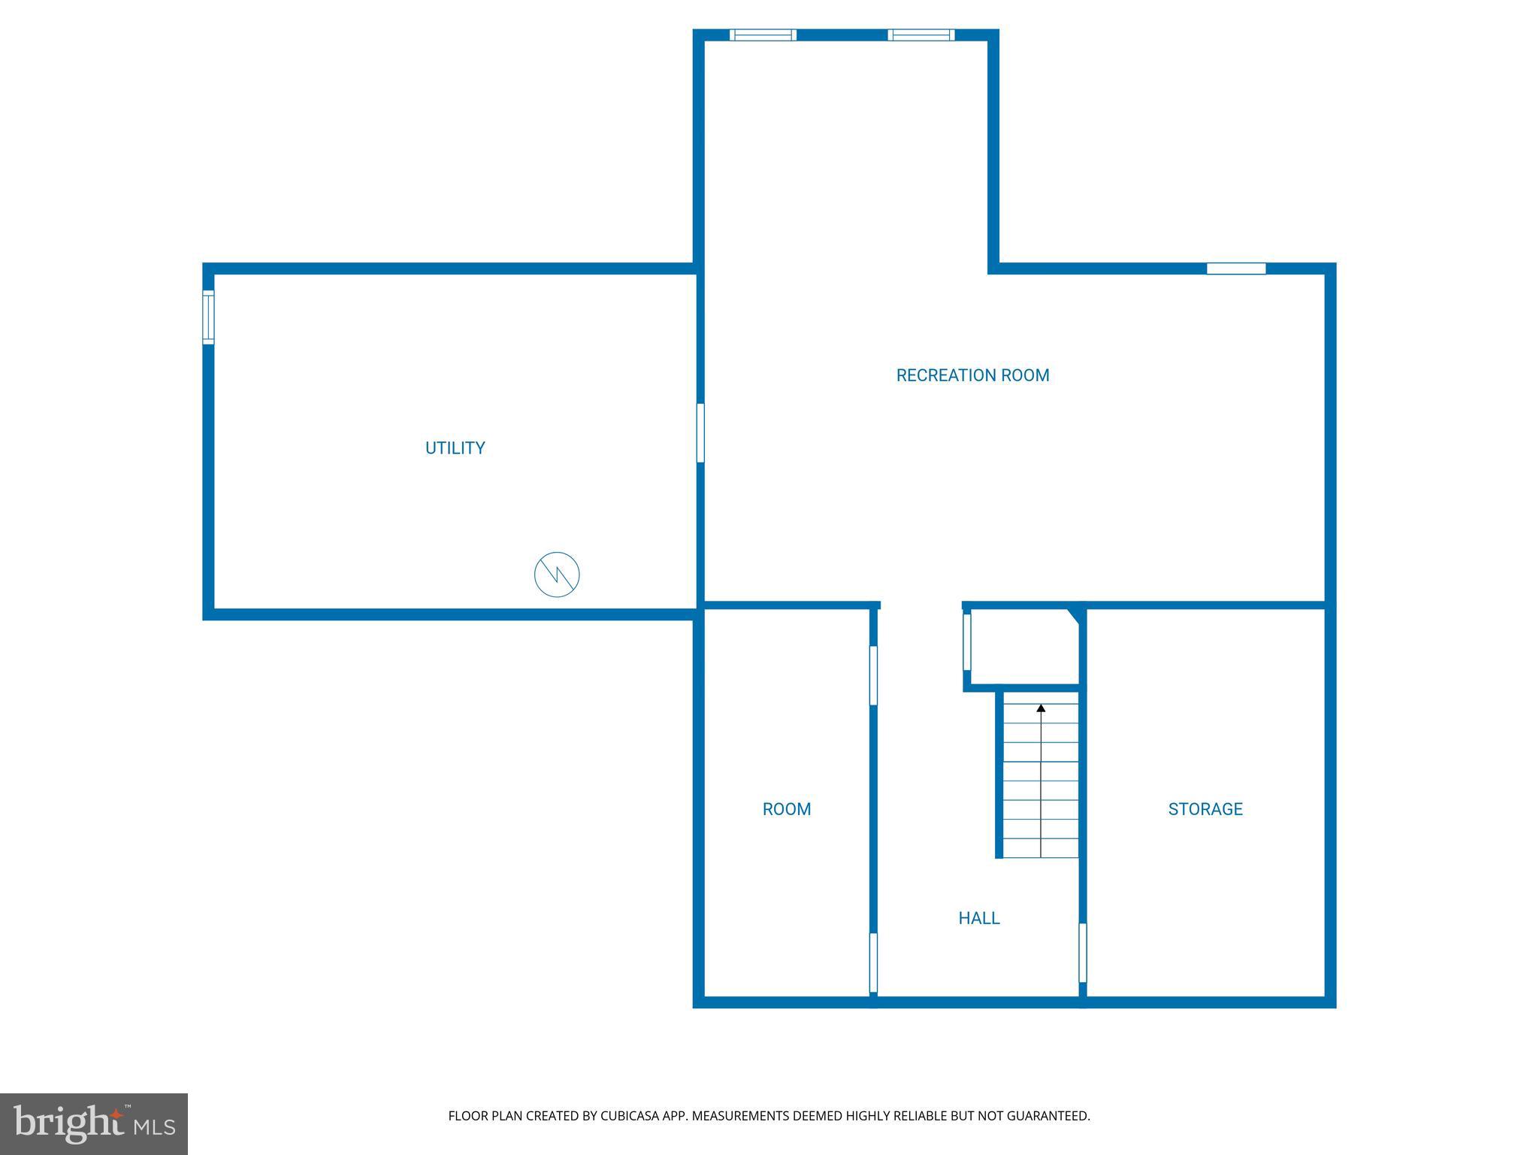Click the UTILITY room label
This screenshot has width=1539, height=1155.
click(455, 448)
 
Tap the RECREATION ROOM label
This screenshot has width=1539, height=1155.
click(972, 375)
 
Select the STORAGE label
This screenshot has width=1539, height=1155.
click(1205, 809)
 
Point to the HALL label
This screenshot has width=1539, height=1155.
click(978, 918)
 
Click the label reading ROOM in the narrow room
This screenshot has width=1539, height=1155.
click(786, 809)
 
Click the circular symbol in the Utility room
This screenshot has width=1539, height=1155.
click(557, 575)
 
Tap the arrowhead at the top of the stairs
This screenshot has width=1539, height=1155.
click(1041, 708)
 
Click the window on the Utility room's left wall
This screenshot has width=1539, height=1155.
click(208, 317)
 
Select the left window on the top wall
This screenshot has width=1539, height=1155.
click(763, 35)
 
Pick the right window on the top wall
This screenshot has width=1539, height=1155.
click(921, 35)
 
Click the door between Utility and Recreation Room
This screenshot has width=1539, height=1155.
click(700, 432)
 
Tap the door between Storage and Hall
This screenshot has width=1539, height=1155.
click(1082, 953)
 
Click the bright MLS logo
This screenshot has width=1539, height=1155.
click(94, 1124)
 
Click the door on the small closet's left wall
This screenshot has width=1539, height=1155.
click(967, 641)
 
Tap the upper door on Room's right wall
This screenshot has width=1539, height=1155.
click(873, 675)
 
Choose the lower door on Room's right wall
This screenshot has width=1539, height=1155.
click(873, 962)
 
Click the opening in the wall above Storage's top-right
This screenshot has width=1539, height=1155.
click(1236, 268)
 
